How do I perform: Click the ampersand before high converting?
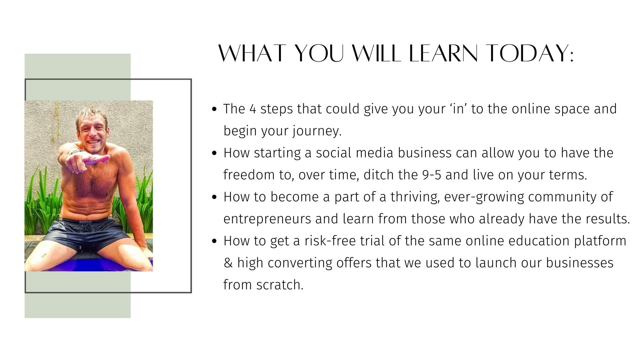pyautogui.click(x=228, y=263)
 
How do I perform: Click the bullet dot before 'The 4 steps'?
pyautogui.click(x=215, y=109)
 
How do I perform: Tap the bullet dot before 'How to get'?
pyautogui.click(x=215, y=241)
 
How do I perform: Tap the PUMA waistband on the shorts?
pyautogui.click(x=85, y=221)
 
